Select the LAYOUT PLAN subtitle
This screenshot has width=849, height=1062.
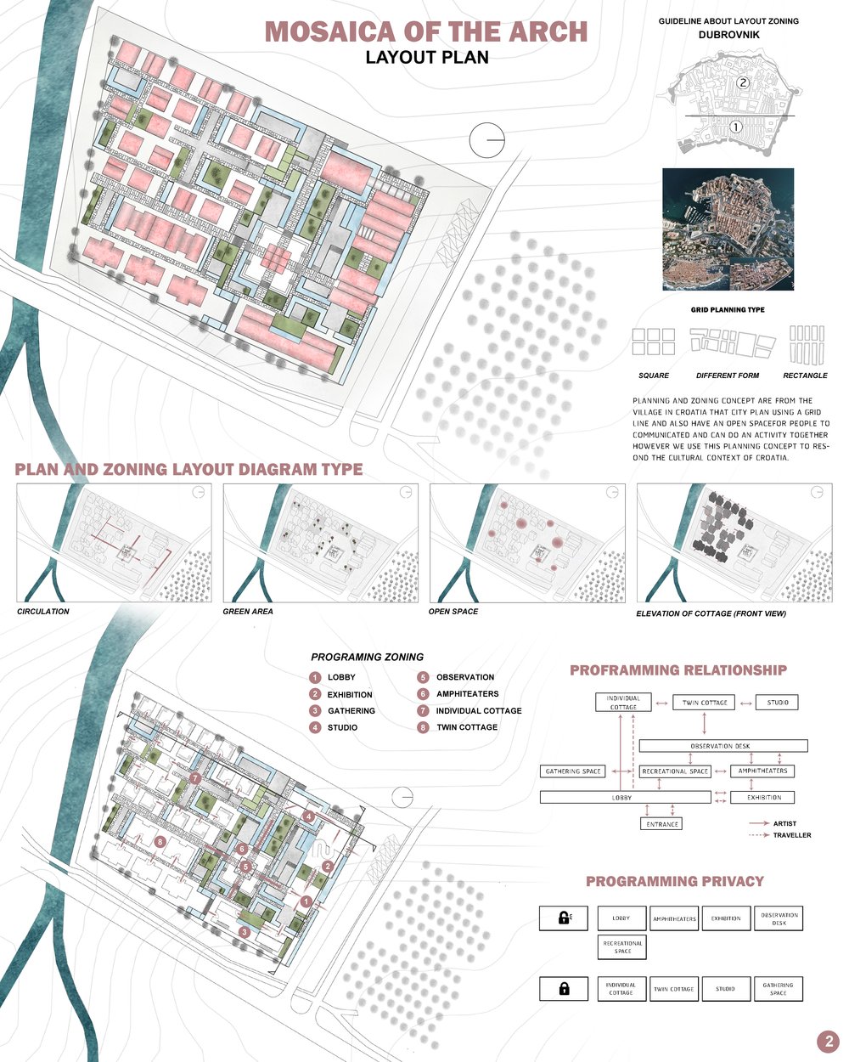[x=427, y=58]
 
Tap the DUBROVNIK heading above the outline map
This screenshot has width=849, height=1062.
[x=728, y=35]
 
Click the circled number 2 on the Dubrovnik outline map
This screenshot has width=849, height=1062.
[x=742, y=83]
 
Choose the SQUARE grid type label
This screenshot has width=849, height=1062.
[x=653, y=376]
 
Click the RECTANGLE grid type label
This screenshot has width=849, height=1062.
[x=805, y=376]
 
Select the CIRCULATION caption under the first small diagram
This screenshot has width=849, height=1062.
[x=43, y=612]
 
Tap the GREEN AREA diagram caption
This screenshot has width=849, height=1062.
[x=247, y=612]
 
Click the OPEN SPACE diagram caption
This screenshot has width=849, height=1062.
[x=453, y=612]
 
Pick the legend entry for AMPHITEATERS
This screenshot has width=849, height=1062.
[x=466, y=694]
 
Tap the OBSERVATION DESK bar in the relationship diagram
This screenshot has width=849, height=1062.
[x=722, y=746]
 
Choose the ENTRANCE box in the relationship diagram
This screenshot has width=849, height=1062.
[x=662, y=823]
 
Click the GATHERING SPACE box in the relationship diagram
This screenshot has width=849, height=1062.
[x=573, y=771]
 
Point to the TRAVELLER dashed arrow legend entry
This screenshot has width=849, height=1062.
[x=779, y=835]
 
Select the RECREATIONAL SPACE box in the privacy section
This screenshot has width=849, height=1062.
[x=622, y=946]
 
